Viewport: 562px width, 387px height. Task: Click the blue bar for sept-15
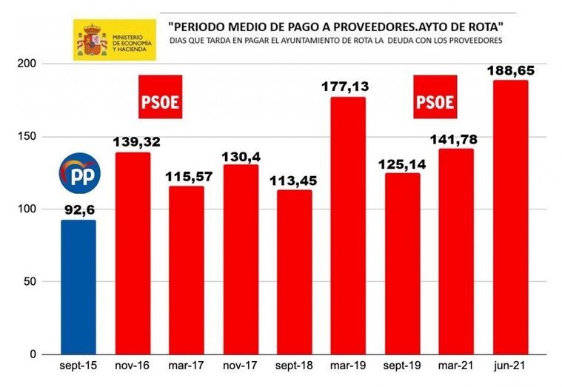78,287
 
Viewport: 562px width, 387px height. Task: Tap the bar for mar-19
348,226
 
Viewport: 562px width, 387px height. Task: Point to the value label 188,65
510,71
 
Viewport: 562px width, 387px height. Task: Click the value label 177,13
348,87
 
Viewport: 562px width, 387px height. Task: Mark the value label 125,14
402,164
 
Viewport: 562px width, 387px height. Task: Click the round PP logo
78,173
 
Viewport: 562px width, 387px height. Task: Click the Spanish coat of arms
90,40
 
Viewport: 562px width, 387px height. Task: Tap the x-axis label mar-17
187,366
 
